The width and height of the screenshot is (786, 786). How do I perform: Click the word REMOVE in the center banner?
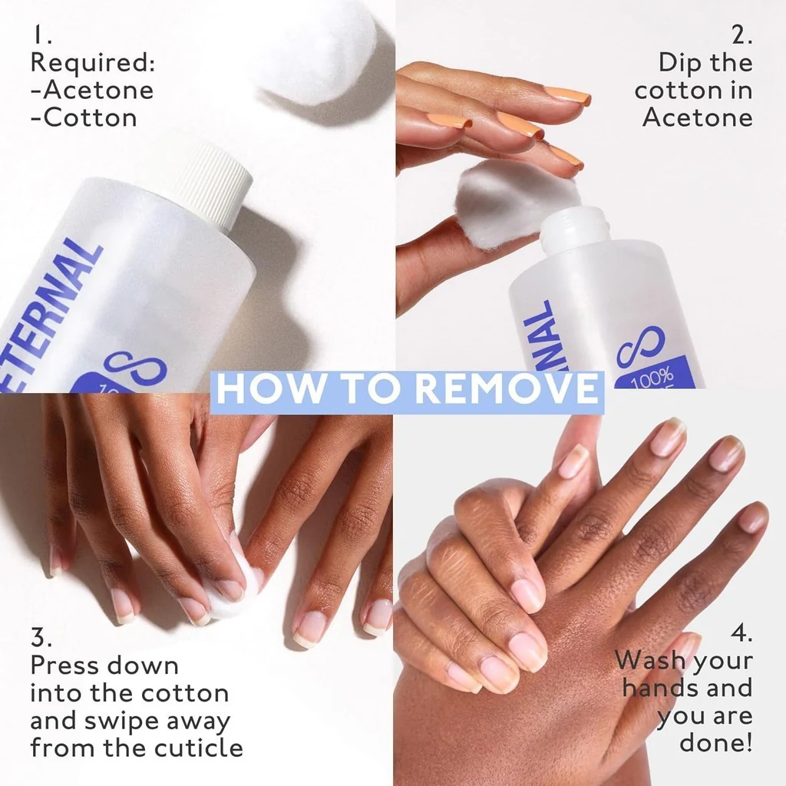507,388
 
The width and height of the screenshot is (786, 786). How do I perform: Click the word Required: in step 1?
93,63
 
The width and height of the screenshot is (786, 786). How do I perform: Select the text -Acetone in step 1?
92,91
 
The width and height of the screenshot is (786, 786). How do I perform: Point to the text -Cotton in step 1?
84,117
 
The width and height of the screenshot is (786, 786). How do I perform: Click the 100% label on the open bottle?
652,378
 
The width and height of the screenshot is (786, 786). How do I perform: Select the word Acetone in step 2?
698,117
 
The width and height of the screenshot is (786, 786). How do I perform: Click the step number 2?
742,35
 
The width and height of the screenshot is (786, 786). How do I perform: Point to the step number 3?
41,638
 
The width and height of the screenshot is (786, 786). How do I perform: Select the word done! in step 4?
716,742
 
